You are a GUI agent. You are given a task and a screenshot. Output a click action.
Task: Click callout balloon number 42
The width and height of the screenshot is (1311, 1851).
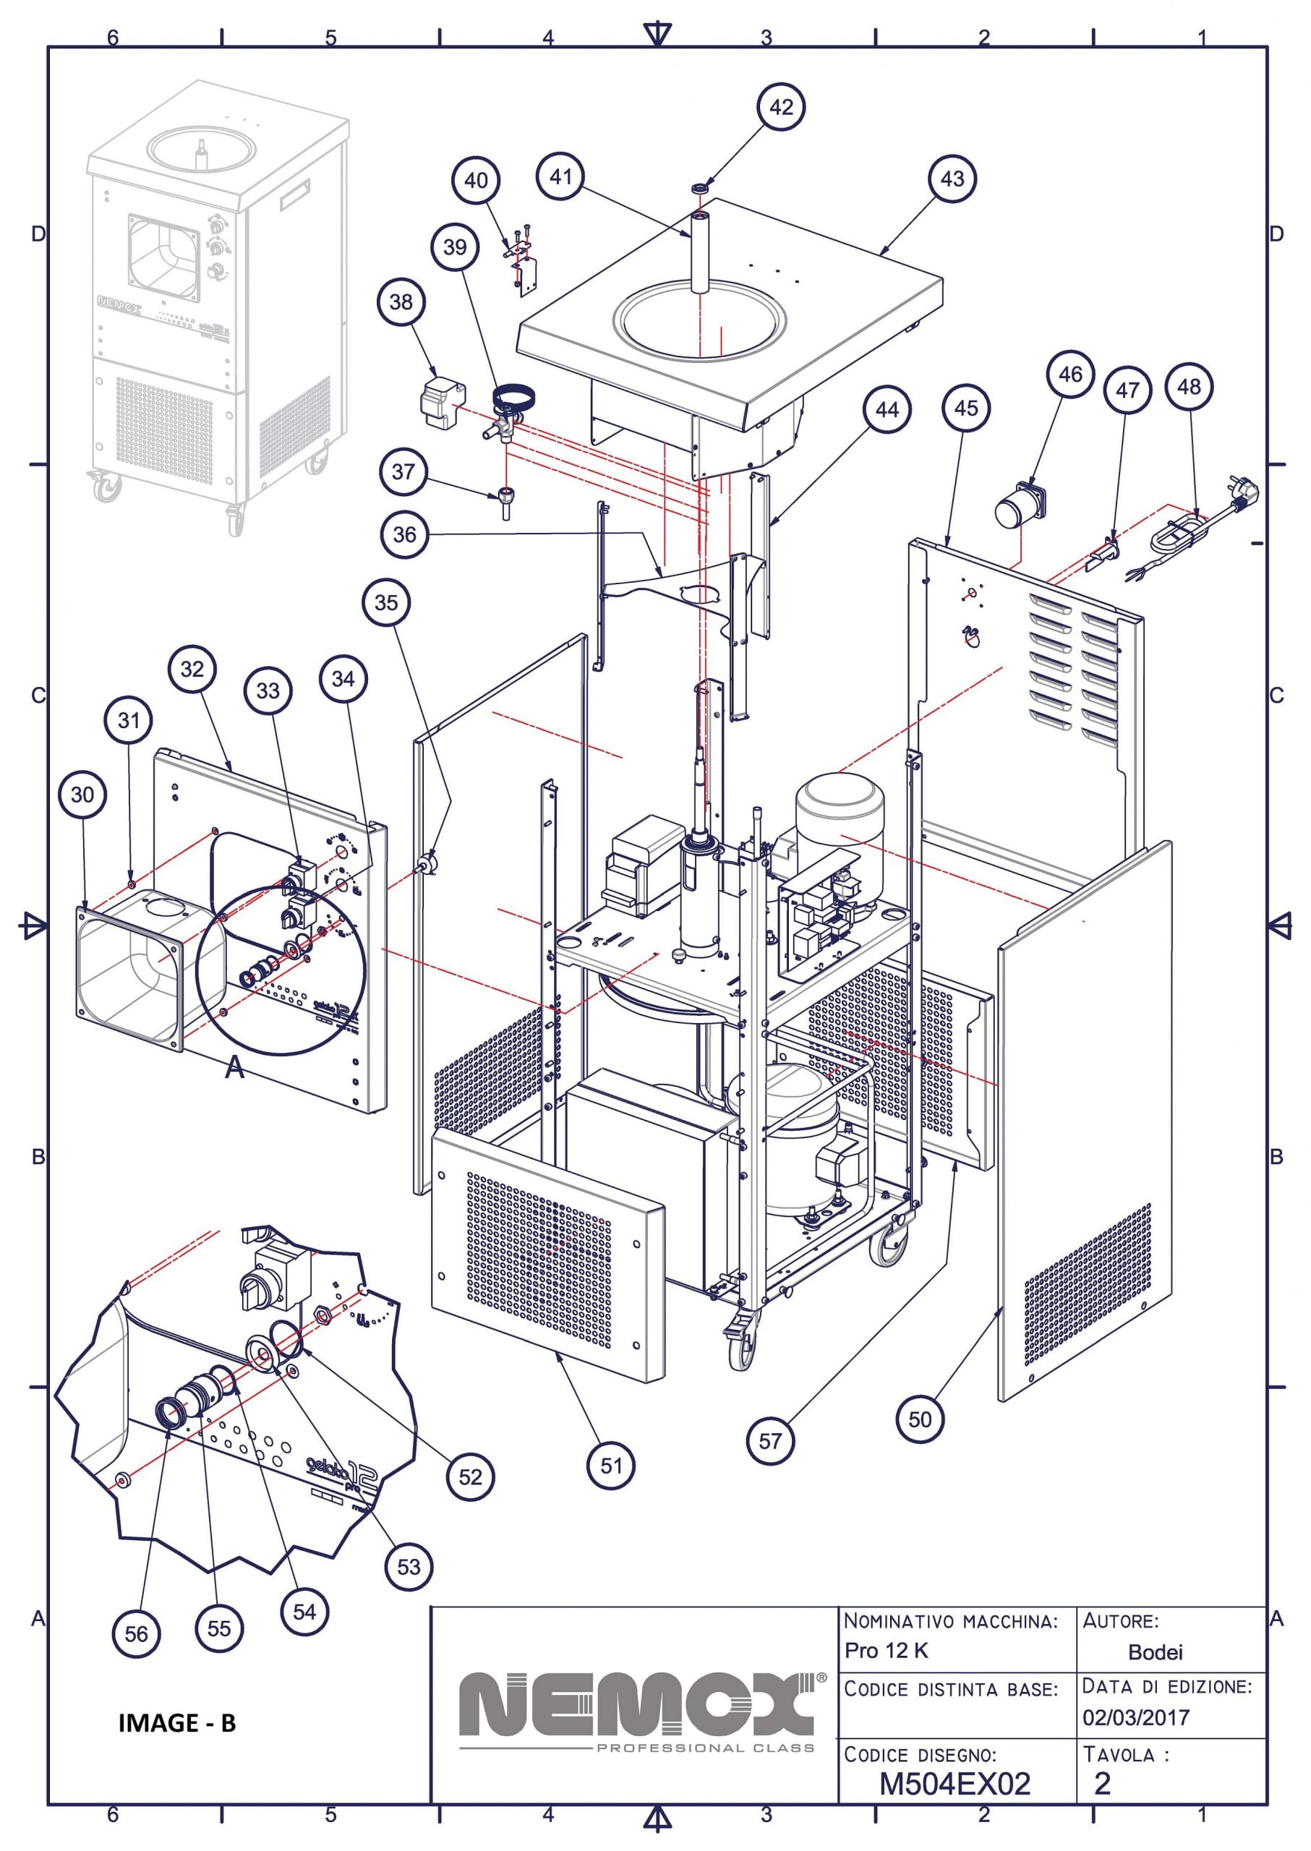point(781,107)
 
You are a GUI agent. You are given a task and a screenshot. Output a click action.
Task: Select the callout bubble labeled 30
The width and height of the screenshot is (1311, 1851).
point(82,795)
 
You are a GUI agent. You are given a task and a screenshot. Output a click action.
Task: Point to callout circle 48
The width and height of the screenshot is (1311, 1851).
point(1189,387)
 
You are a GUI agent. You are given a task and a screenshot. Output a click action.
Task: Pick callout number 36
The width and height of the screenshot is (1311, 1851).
point(404,534)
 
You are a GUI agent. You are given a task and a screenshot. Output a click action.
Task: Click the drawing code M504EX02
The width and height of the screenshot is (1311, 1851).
point(955,1784)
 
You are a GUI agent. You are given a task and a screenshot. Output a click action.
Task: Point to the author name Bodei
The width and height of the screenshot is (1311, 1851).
point(1156,1652)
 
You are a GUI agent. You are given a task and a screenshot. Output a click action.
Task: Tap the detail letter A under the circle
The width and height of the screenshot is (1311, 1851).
point(234,1068)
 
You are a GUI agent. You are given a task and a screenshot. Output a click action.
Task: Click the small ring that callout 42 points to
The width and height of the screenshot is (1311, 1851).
point(700,189)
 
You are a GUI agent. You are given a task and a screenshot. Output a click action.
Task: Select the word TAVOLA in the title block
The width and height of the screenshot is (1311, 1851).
point(1119,1755)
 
